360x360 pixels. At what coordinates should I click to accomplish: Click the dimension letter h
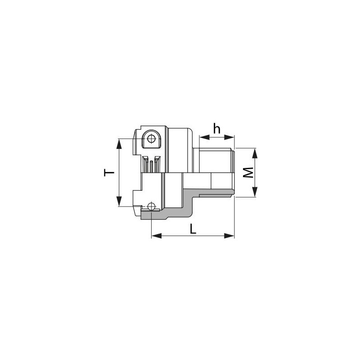click(217, 128)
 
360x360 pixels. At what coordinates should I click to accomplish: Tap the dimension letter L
click(193, 229)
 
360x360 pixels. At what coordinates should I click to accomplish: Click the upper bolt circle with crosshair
click(152, 138)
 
